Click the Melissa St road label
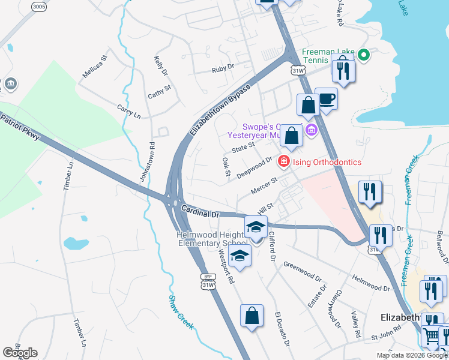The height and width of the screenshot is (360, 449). [x=95, y=67]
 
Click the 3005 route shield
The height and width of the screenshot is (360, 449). [x=39, y=7]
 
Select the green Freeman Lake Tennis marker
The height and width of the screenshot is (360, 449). [x=363, y=56]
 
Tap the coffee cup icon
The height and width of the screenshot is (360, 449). [x=326, y=99]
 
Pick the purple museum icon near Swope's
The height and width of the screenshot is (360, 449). [x=311, y=130]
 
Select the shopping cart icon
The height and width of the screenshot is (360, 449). [x=432, y=337]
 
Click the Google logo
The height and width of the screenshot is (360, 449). [x=20, y=353]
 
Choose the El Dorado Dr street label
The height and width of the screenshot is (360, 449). [x=282, y=329]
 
